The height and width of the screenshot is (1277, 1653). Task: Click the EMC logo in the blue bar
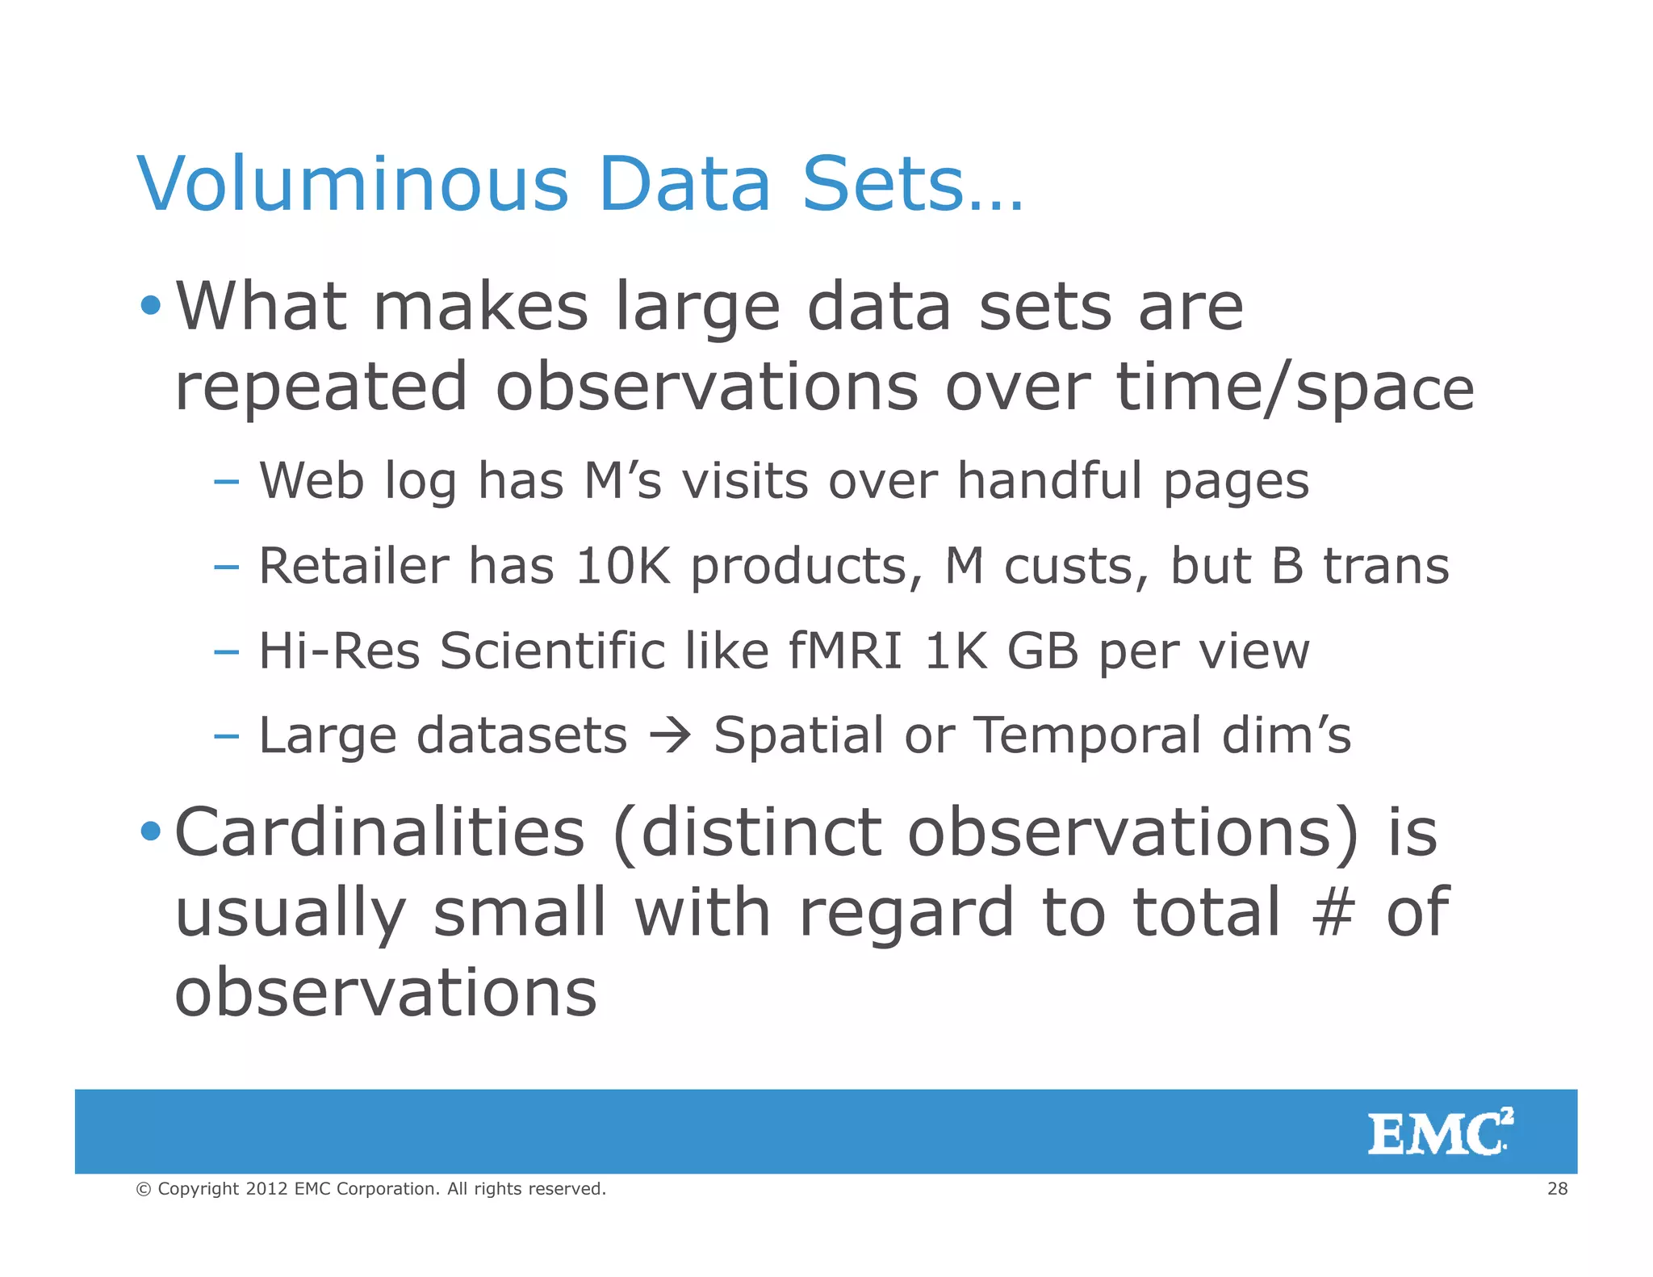coord(1440,1132)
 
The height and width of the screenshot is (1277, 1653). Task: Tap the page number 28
coord(1557,1188)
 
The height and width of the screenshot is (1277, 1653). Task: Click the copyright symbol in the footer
coord(144,1189)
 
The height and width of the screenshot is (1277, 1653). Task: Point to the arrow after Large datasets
coord(670,735)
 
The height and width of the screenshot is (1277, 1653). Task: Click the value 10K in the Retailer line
coord(622,566)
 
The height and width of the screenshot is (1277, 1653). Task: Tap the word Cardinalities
coord(379,832)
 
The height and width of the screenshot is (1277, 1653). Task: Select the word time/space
coord(1295,387)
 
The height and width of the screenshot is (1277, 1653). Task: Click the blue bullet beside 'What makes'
coord(151,306)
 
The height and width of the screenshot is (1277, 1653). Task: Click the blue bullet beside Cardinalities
coord(151,831)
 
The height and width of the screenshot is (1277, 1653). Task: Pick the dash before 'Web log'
coord(227,482)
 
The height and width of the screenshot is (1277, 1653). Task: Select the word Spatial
coord(798,735)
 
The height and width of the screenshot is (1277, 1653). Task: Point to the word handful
coord(1050,481)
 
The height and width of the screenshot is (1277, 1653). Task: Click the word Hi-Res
coord(339,651)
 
